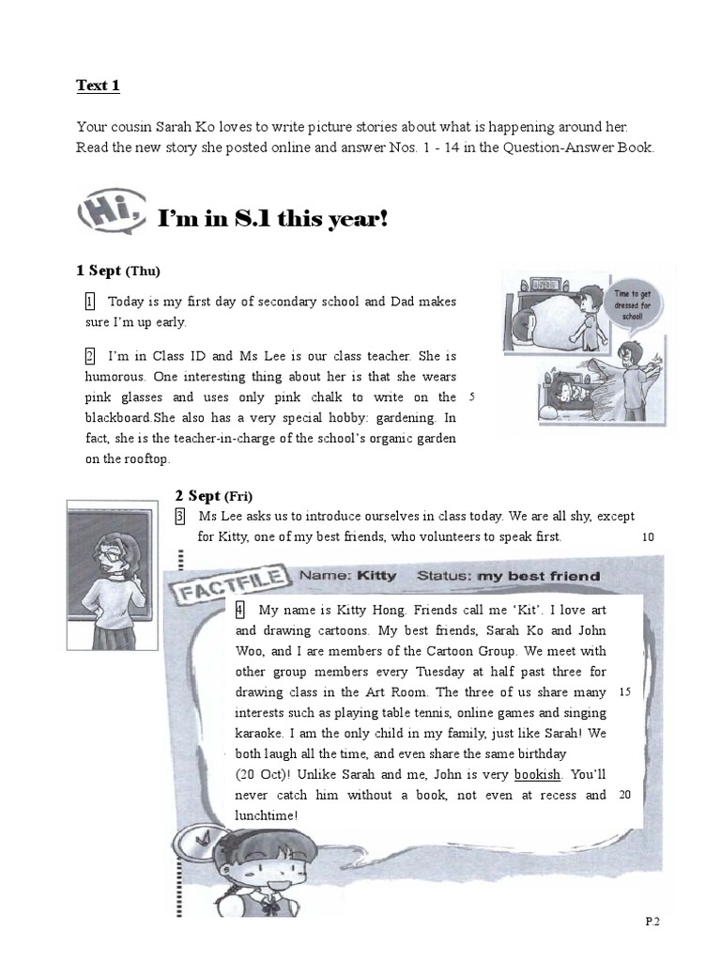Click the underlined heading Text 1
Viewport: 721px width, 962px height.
click(x=98, y=86)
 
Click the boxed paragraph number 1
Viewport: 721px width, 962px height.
click(x=89, y=302)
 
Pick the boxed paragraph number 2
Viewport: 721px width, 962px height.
click(x=89, y=356)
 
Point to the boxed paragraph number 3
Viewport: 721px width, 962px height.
click(x=179, y=517)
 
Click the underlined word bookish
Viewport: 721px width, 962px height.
click(x=537, y=775)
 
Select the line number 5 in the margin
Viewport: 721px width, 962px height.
click(x=470, y=397)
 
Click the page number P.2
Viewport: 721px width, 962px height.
click(x=653, y=922)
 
